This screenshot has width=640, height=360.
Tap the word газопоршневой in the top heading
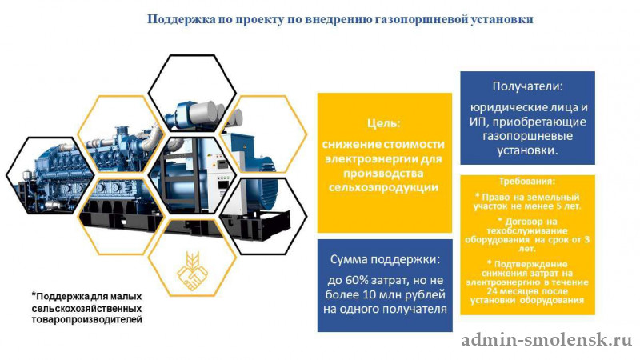422,19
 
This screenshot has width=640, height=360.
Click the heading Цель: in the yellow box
384,123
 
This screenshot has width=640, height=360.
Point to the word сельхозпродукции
384,188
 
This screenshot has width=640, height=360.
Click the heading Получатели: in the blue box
527,86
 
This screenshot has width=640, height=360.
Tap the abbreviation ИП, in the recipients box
476,122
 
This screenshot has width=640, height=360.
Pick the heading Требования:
527,182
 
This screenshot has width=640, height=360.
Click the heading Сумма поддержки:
386,259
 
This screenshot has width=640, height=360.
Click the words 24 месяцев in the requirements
506,291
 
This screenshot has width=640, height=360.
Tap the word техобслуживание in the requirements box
527,231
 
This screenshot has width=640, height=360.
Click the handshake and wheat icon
192,271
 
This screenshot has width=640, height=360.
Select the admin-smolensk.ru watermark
546,340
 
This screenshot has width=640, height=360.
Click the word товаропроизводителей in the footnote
87,319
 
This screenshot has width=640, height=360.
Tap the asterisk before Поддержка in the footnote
34,294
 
